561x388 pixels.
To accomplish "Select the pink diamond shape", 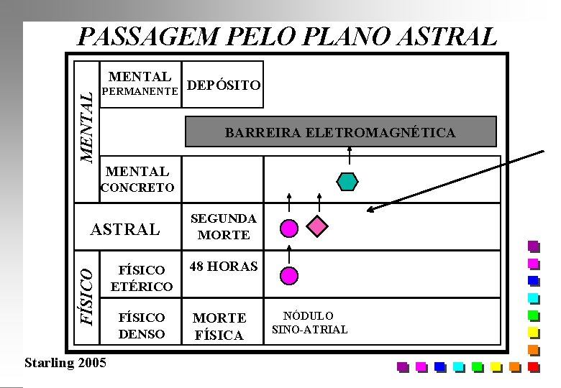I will [318, 227].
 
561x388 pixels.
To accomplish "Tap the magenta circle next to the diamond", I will [289, 228].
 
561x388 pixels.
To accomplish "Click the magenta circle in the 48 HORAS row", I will [289, 274].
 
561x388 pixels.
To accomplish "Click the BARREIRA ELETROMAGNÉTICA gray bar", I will [340, 132].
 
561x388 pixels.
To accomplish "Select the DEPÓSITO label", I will [224, 86].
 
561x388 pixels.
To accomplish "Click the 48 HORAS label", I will [223, 266].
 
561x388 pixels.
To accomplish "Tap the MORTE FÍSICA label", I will [219, 326].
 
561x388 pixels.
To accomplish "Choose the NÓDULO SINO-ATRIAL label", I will [309, 323].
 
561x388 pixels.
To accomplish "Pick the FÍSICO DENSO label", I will [141, 325].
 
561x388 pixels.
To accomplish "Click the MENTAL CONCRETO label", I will [137, 179].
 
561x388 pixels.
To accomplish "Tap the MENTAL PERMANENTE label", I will [139, 83].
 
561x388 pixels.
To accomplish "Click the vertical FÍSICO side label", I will [86, 295].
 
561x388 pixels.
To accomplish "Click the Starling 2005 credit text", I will [65, 361].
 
